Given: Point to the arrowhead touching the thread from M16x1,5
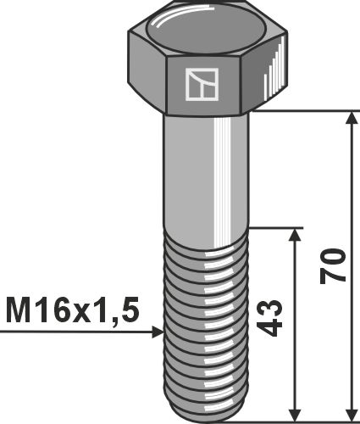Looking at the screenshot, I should coord(156,332).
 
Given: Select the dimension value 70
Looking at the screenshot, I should coord(333,266).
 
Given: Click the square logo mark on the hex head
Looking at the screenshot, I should coord(201,83).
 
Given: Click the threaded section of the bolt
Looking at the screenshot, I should coord(206,322).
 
